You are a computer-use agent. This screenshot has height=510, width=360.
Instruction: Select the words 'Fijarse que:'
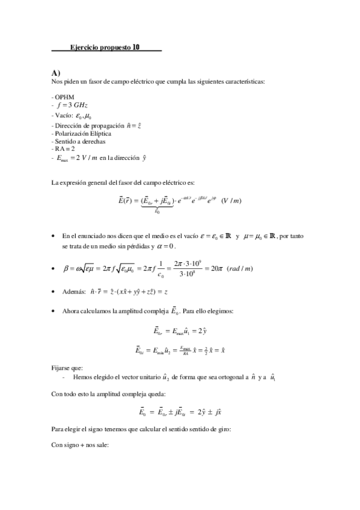pos(65,366)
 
